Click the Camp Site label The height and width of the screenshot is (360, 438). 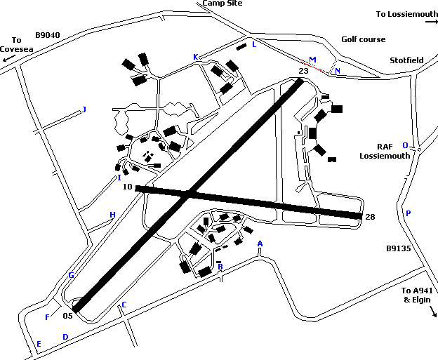[223, 4]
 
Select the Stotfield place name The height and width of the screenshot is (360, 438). [406, 60]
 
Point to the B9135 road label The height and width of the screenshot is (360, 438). [398, 248]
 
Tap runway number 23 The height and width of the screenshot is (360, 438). [303, 71]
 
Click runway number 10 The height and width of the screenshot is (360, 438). [127, 187]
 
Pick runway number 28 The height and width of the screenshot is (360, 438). [370, 217]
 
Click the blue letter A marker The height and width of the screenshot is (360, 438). [260, 244]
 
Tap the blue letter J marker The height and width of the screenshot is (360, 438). [84, 109]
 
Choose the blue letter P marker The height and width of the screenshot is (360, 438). [408, 213]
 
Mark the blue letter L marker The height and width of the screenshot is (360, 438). [254, 44]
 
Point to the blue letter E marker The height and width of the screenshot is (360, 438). [39, 344]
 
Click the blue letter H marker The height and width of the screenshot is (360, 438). [112, 215]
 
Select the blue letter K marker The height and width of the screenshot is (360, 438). [196, 57]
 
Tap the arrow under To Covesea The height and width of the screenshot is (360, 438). [8, 60]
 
